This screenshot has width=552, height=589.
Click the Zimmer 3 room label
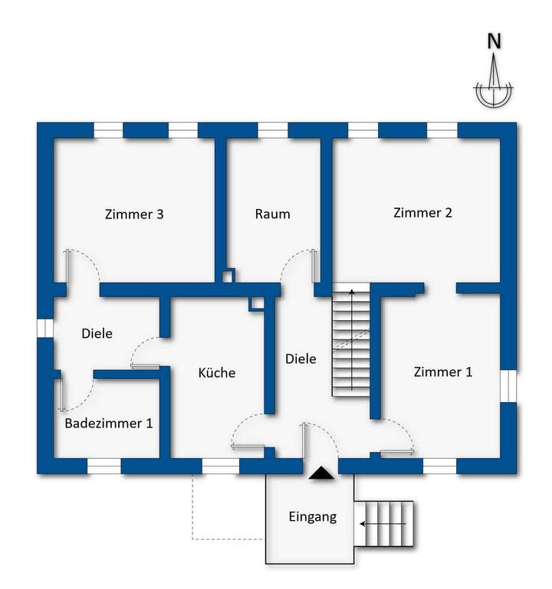[x=134, y=214]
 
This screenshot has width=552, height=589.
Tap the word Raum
[x=273, y=214]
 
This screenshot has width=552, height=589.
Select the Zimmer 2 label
[x=422, y=213]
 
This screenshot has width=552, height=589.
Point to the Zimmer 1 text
[x=443, y=372]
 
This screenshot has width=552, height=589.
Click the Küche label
[x=217, y=373]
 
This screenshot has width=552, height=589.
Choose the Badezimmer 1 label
[x=108, y=423]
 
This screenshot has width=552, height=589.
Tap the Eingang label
[x=313, y=516]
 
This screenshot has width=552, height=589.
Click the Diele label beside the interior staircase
[x=301, y=358]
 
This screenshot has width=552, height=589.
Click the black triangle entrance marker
[x=320, y=474]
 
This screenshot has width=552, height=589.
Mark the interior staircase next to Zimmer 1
[x=350, y=340]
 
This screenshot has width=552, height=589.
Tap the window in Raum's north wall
[x=272, y=129]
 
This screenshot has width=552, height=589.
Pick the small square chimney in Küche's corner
[x=257, y=303]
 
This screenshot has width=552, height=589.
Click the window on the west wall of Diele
[x=45, y=327]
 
